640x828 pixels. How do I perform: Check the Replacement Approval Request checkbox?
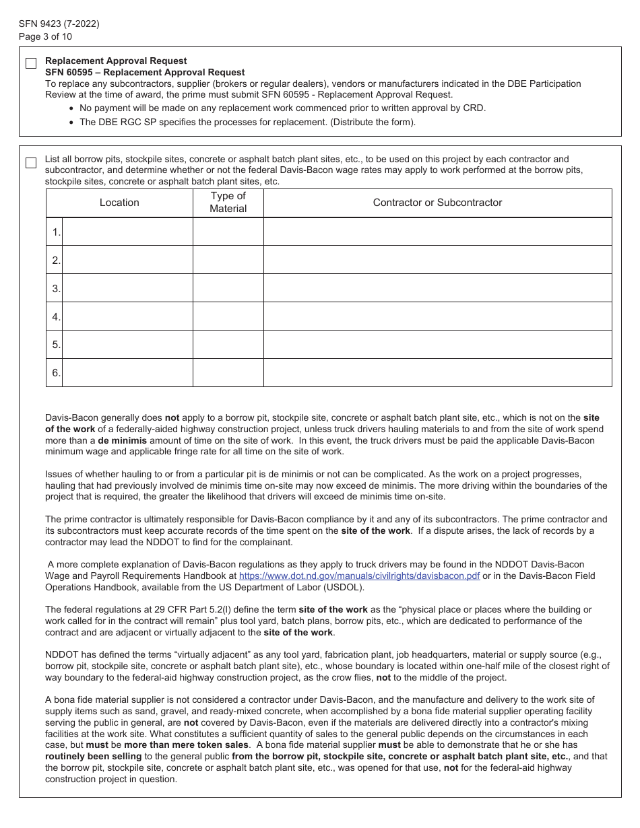pos(31,64)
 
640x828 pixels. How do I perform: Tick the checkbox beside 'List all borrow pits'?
pos(31,163)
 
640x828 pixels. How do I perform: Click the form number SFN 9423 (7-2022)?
pos(59,24)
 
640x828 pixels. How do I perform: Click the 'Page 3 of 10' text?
pos(46,36)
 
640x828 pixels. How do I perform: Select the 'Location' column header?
pos(119,203)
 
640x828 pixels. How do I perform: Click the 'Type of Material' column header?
pos(228,203)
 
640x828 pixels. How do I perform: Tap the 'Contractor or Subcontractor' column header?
pos(437,203)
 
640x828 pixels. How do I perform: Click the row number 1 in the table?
pos(56,232)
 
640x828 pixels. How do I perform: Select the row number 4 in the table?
pos(56,316)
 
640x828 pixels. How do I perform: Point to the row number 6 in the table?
pos(56,372)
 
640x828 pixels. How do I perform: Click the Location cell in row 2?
pos(127,260)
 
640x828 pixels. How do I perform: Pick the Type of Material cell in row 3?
pos(228,288)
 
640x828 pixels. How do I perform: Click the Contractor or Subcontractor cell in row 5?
pos(437,344)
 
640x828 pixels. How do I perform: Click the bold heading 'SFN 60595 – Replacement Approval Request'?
pos(145,72)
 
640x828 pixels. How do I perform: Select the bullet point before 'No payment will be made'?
pos(73,108)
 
